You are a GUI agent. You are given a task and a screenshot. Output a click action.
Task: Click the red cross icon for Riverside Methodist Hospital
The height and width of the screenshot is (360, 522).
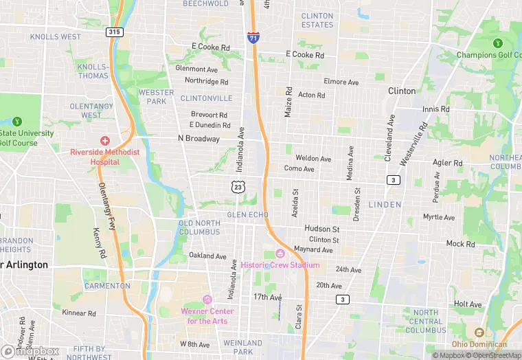coord(104,140)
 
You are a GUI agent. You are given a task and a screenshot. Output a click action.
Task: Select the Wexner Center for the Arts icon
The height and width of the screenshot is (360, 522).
coord(207,300)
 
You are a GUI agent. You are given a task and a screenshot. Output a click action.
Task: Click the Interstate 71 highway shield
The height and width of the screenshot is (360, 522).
coord(253,37)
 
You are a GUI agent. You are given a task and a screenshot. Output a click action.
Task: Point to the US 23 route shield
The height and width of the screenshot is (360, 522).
coord(238,186)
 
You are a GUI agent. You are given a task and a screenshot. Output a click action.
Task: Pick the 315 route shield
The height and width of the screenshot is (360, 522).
coord(114,32)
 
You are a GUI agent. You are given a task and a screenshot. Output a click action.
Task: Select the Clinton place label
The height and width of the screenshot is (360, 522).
coord(402,91)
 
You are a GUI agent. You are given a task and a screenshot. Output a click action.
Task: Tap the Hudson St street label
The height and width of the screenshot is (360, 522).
coord(322,229)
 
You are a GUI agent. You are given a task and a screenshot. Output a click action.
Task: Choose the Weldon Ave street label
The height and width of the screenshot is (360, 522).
coord(313,159)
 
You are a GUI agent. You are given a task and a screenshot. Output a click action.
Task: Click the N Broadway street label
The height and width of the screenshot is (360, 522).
coord(198,139)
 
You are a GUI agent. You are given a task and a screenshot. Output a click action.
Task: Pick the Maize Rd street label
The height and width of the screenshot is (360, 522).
coord(288,102)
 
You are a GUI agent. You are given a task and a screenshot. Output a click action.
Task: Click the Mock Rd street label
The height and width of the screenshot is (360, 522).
coord(460,244)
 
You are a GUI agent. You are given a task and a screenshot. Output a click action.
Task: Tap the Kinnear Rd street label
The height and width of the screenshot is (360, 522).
coord(79,313)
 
